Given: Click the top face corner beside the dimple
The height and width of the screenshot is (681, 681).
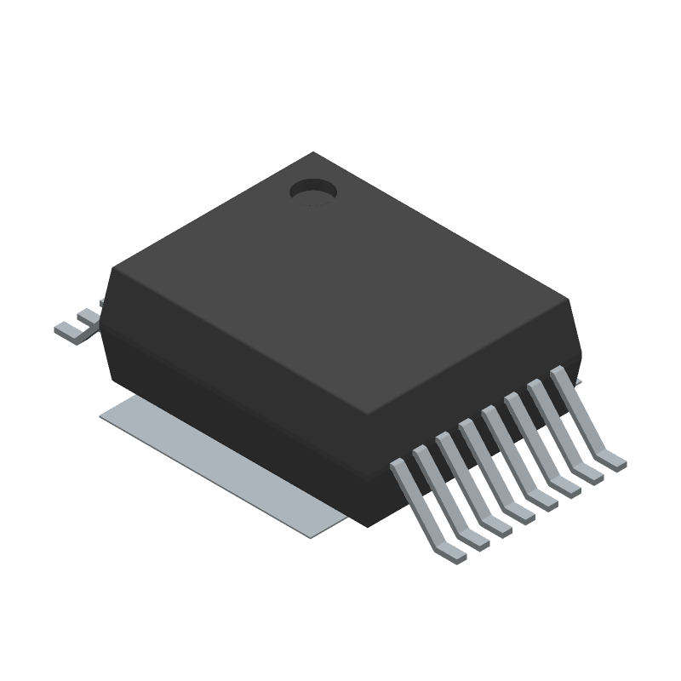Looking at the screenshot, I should click(x=314, y=154).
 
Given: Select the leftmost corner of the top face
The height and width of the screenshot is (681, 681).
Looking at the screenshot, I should click(x=113, y=271).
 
